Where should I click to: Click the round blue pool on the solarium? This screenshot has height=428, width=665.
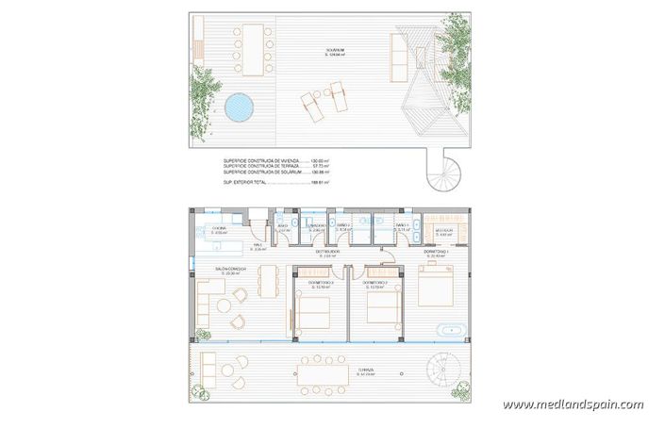tap(241, 107)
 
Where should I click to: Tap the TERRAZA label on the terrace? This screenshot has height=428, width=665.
tap(367, 371)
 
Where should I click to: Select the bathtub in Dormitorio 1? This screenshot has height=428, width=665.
tap(452, 330)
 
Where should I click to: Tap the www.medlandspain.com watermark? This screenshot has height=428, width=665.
tap(574, 405)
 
